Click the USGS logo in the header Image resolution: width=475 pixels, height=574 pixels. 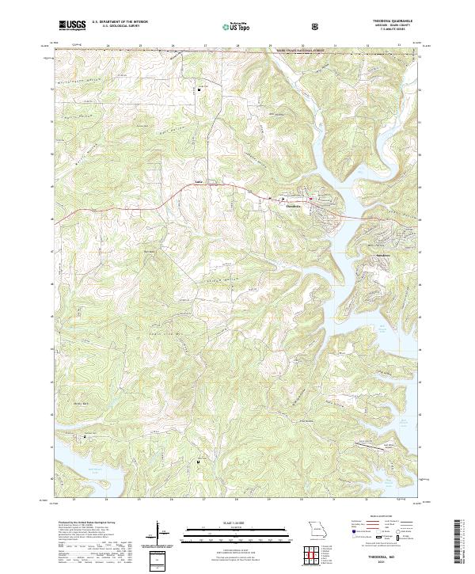click(x=72, y=25)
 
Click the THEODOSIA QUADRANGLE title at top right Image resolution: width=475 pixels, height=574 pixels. click(x=386, y=21)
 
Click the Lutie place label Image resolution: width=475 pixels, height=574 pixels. click(x=199, y=184)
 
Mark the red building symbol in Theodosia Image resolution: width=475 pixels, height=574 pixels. click(x=311, y=198)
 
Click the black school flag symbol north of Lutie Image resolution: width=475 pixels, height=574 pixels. click(x=199, y=90)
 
